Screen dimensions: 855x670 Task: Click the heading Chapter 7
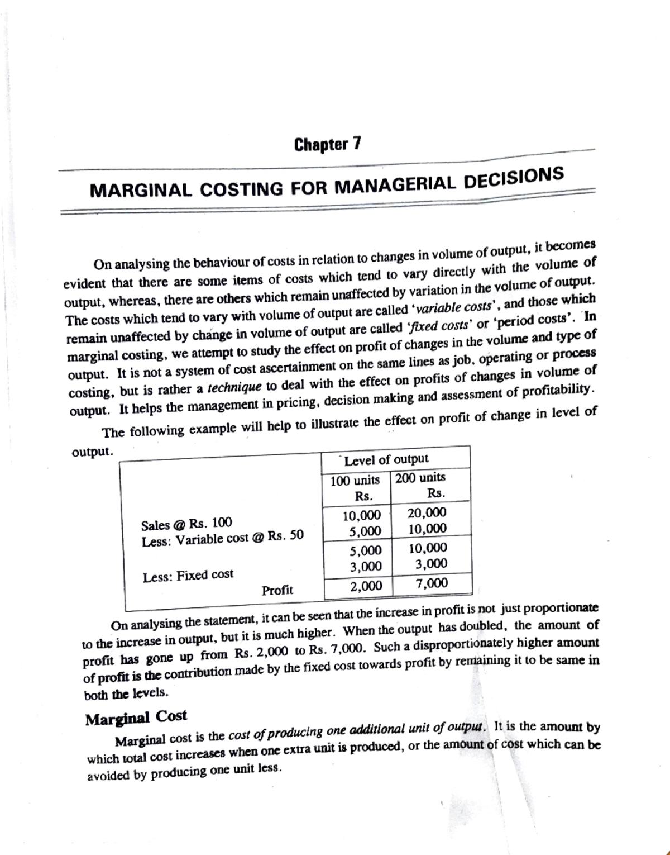(328, 145)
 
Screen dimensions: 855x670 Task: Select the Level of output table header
(386, 459)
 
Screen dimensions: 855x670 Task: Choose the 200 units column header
(420, 478)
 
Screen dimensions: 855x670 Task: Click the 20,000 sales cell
(427, 512)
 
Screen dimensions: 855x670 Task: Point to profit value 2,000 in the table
(366, 586)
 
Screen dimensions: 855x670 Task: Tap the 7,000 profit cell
(432, 583)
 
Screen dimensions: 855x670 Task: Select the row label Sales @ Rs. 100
(186, 524)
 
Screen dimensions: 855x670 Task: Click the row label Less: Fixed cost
(188, 575)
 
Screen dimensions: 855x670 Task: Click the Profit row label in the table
(277, 590)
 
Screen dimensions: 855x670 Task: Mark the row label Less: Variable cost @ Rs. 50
(223, 539)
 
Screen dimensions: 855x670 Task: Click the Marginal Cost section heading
(136, 718)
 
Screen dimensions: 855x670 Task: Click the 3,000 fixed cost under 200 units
(431, 564)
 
